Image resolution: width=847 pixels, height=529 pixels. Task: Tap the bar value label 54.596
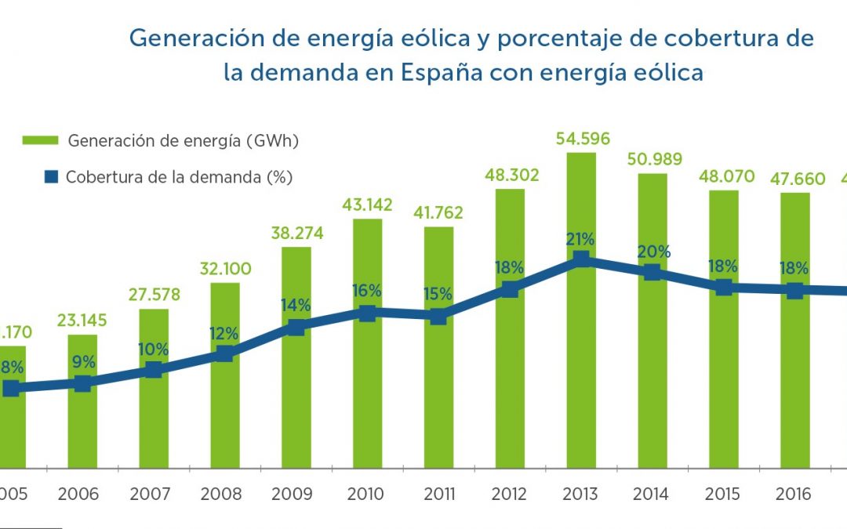pos(581,139)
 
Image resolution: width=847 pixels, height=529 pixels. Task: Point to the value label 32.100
pos(225,270)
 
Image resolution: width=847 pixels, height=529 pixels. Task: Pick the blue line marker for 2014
pos(652,272)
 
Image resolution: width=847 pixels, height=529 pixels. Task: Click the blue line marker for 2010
pos(367,313)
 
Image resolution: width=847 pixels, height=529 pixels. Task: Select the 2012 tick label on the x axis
pos(509,495)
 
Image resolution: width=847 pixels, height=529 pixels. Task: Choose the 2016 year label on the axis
pos(794,495)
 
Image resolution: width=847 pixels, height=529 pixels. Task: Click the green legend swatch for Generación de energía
pos(39,141)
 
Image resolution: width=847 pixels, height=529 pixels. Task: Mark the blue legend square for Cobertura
pos(52,177)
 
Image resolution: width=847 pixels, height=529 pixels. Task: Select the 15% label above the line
pos(438,294)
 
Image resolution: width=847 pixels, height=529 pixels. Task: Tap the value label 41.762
pos(438,212)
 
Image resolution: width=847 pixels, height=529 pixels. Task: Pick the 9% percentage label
pos(83,362)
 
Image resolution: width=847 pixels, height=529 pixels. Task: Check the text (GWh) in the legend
pos(272,141)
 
